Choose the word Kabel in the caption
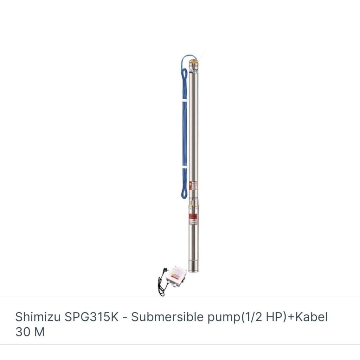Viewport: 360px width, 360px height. pyautogui.click(x=311, y=317)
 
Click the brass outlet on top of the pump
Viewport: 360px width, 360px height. pyautogui.click(x=193, y=64)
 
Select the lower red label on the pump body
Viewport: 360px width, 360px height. pyautogui.click(x=193, y=216)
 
